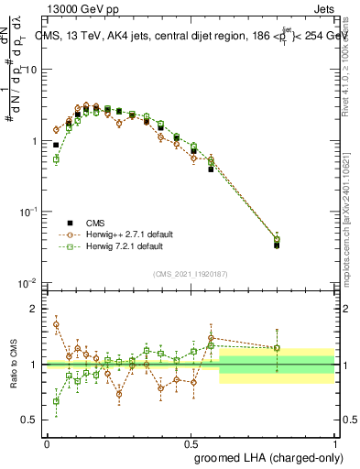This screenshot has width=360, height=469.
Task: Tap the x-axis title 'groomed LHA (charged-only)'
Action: (x=272, y=457)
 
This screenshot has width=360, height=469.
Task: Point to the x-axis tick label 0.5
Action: (x=191, y=443)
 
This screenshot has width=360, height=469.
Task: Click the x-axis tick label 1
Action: (x=334, y=443)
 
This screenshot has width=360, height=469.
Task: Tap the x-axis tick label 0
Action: (x=47, y=443)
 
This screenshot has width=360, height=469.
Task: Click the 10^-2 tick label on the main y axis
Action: (x=30, y=282)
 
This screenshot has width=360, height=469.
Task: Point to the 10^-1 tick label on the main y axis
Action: (x=30, y=212)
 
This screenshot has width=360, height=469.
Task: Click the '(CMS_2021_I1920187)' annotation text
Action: (x=191, y=272)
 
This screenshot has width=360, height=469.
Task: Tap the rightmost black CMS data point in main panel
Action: (x=277, y=245)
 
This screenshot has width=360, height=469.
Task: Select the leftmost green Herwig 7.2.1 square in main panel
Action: (x=56, y=159)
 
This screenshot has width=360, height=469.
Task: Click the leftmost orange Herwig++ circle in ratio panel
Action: (x=56, y=324)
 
